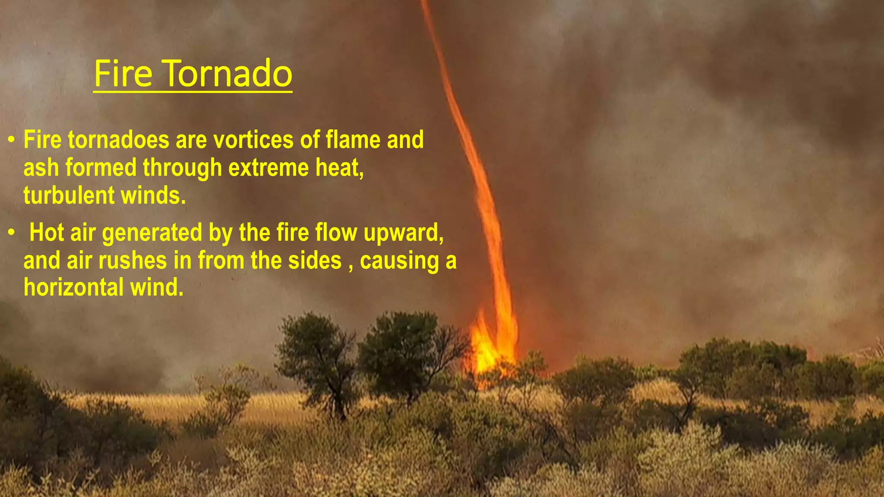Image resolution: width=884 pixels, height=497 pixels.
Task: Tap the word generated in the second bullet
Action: coord(152,233)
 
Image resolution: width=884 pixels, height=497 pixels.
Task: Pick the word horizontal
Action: coord(74,287)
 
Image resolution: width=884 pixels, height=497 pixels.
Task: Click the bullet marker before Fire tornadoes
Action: coord(12,140)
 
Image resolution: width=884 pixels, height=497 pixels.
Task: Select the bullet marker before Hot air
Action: coord(12,233)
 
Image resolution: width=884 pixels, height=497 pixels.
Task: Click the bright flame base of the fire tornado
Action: coord(490,349)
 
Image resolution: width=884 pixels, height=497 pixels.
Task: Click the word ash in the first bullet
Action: coord(41,168)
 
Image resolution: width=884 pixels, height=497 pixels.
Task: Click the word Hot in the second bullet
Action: coord(46,233)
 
